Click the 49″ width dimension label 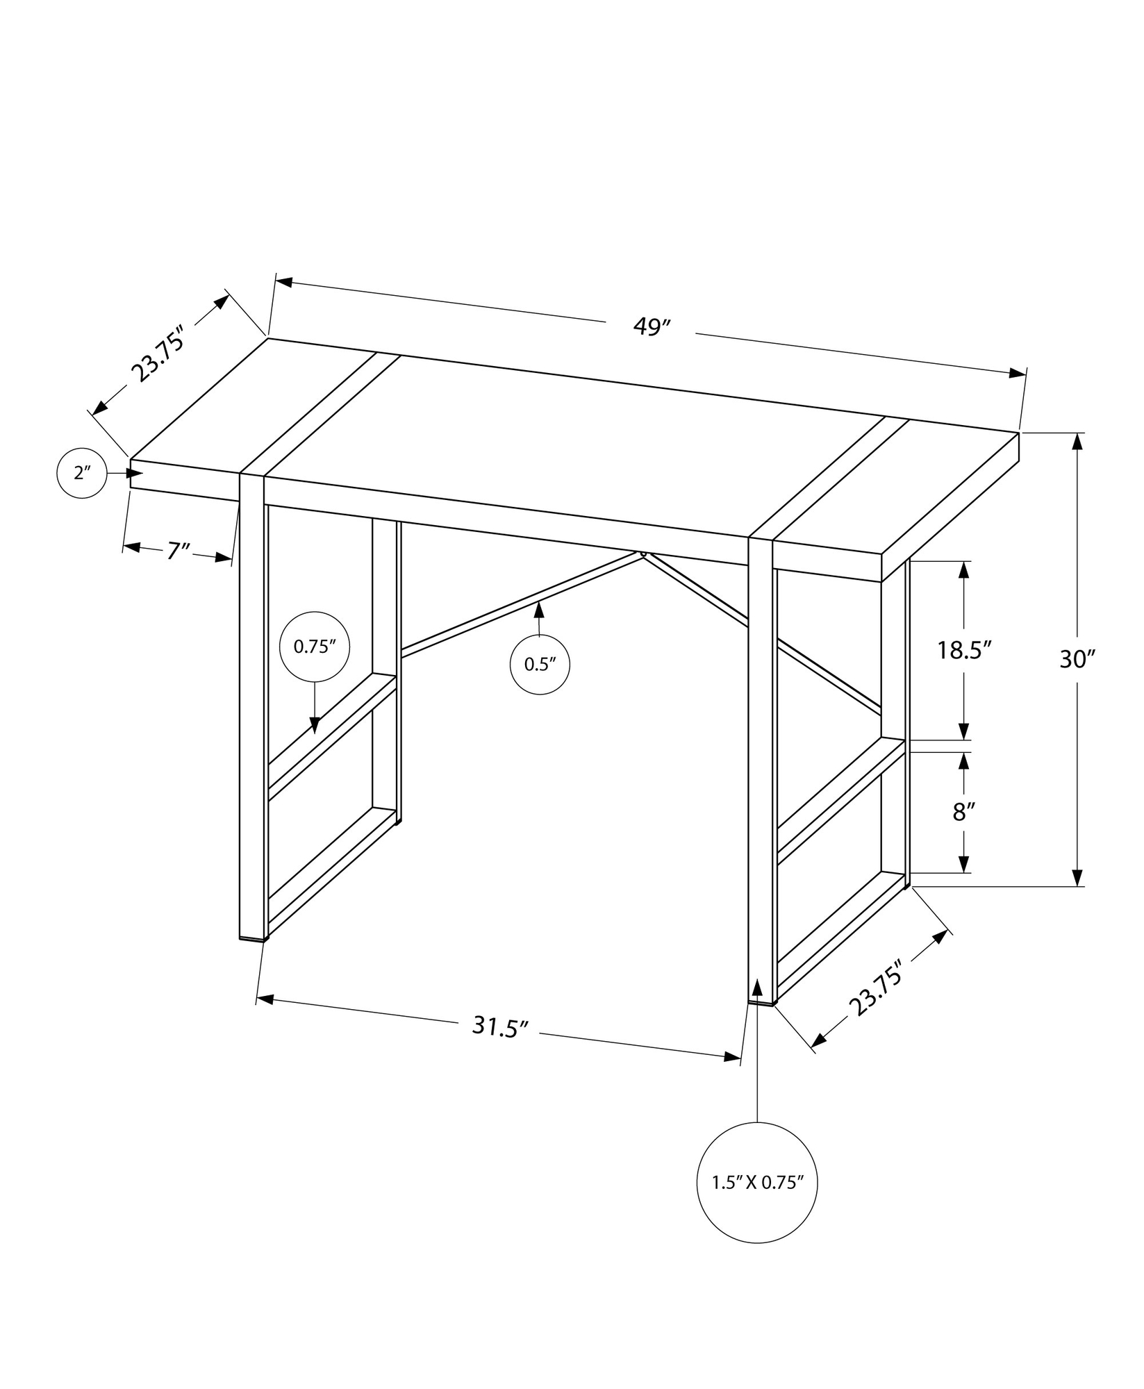point(651,327)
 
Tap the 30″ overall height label point(1077,659)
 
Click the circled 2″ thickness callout point(82,473)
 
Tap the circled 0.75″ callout point(315,647)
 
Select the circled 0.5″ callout point(540,664)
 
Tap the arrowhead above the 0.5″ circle point(538,610)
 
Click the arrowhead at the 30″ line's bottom point(1077,878)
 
